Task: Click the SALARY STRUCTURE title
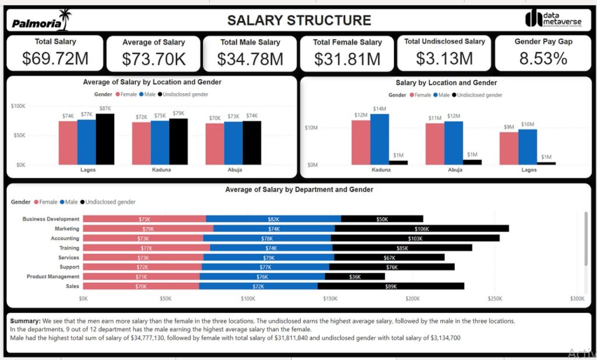coord(298,20)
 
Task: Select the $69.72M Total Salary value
coord(55,58)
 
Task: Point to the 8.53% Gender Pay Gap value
coord(543,58)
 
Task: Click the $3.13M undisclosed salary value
coord(444,58)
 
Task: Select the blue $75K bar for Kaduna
coord(160,142)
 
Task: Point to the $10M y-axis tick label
coord(311,128)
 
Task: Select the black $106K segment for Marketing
coord(422,229)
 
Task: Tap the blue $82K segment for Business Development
coord(273,219)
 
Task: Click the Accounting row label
coord(65,238)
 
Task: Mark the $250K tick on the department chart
coord(495,299)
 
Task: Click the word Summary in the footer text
coord(26,321)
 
